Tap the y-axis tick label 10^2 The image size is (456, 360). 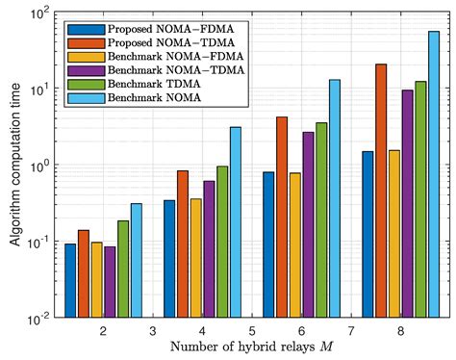39,14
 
